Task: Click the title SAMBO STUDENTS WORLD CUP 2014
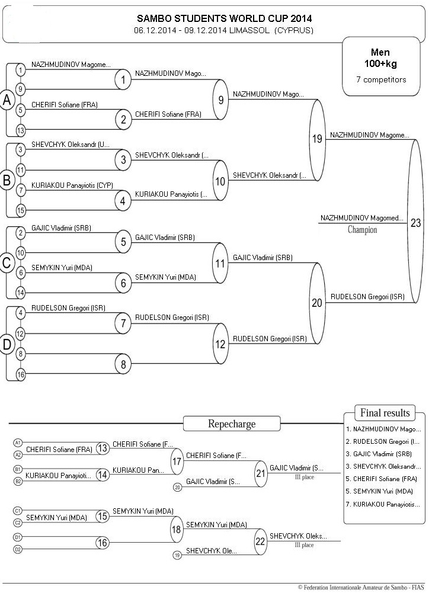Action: point(225,18)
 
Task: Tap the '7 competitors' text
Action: point(381,79)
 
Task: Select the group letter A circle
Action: point(7,100)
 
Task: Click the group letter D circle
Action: point(7,344)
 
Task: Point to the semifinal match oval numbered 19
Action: point(318,139)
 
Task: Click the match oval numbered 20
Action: point(318,303)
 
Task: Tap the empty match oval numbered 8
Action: point(123,364)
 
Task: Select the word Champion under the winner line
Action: point(363,230)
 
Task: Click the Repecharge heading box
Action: point(232,424)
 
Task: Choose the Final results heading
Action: point(385,413)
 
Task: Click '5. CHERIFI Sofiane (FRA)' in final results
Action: point(382,479)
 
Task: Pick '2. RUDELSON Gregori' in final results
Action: point(383,442)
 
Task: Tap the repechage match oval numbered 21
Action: point(261,473)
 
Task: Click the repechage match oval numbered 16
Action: point(103,543)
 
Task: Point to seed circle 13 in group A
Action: point(21,130)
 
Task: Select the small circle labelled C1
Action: point(18,511)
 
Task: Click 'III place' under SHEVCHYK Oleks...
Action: point(304,545)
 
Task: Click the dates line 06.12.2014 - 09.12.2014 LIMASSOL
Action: point(223,30)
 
